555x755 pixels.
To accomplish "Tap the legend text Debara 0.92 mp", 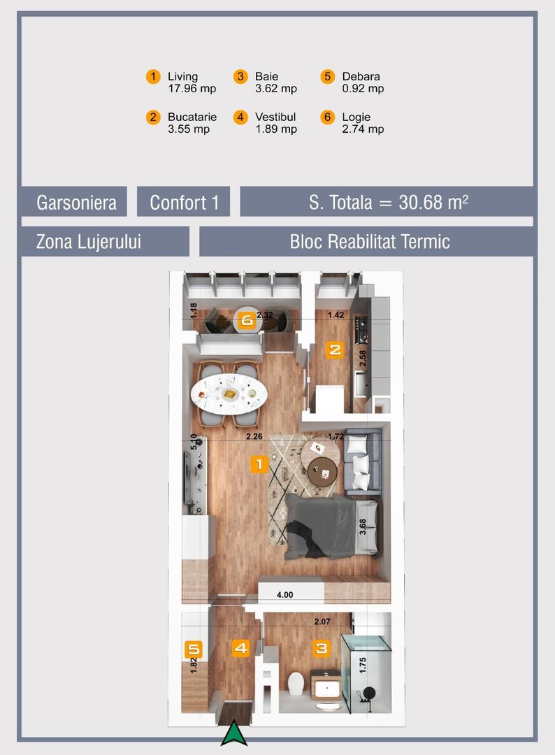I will (x=362, y=82).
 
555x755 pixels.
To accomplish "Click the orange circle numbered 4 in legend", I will (x=240, y=117).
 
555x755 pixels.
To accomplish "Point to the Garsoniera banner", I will (x=73, y=203).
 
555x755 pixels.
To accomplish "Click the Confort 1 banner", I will (x=184, y=203).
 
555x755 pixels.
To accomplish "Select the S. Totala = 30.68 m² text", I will (x=388, y=203).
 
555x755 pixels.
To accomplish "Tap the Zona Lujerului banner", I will (x=89, y=242).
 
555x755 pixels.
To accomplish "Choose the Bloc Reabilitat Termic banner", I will (x=369, y=242).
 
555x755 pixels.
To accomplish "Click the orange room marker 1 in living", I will (x=259, y=463).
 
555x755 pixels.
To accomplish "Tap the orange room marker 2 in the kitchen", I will (x=335, y=350).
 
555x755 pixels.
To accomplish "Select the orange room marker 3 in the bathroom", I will (x=321, y=649).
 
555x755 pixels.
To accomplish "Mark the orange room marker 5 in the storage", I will (x=194, y=649).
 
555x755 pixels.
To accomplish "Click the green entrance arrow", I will (x=234, y=735).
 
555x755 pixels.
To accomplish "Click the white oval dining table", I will (x=230, y=394).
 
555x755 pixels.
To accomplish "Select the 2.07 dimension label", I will (x=322, y=621).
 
